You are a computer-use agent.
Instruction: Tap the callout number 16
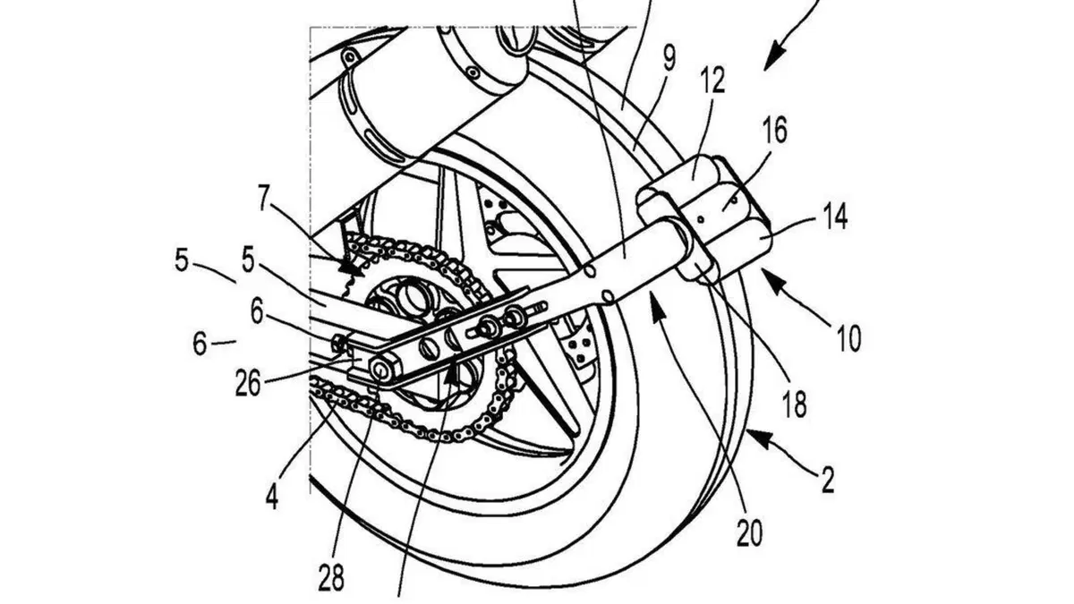click(x=773, y=131)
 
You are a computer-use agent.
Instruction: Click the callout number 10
click(x=848, y=338)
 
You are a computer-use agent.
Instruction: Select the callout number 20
click(x=749, y=532)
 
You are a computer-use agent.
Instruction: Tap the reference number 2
click(x=828, y=480)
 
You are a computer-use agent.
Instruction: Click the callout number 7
click(x=263, y=198)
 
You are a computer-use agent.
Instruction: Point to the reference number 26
click(x=248, y=383)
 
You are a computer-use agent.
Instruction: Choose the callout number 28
click(x=331, y=578)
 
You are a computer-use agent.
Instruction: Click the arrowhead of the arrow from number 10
click(x=772, y=281)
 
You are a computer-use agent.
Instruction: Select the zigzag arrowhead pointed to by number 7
click(x=349, y=268)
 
